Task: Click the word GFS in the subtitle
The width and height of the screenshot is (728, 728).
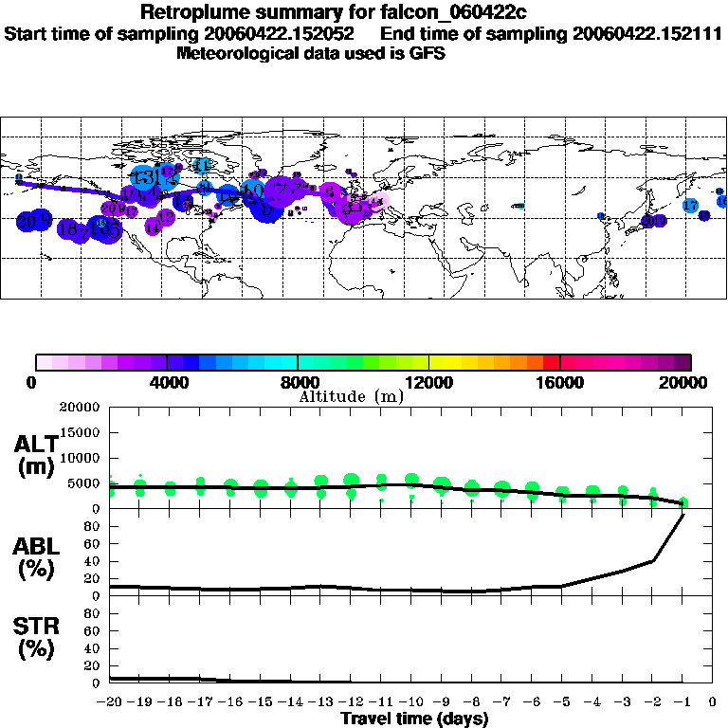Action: click(x=427, y=53)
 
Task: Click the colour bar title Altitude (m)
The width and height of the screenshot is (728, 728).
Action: click(x=351, y=396)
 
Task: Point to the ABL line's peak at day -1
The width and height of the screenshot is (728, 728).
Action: click(x=682, y=514)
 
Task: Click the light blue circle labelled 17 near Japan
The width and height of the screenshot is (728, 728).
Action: click(x=690, y=205)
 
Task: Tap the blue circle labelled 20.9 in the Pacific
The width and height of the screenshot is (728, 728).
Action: click(x=35, y=221)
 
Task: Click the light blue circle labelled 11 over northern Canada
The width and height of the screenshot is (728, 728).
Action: click(x=202, y=165)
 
